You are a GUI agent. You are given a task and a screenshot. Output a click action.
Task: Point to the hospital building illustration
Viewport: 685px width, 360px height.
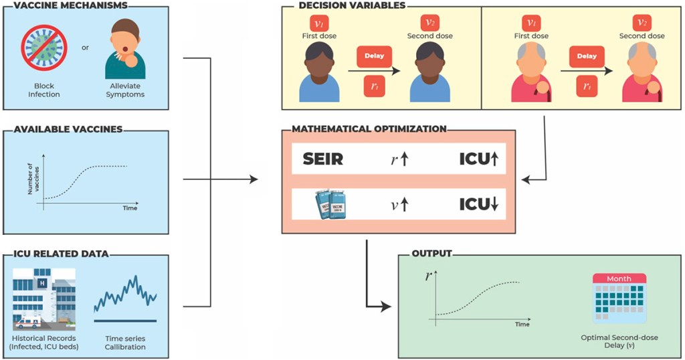click(43, 299)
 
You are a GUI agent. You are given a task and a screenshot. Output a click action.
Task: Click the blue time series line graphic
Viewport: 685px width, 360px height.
click(125, 294)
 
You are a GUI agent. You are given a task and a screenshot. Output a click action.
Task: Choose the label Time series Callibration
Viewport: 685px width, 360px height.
click(126, 343)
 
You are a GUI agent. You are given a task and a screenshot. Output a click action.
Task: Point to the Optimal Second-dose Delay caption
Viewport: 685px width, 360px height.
click(619, 342)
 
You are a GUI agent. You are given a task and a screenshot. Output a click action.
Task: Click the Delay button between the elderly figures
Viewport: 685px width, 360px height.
click(578, 56)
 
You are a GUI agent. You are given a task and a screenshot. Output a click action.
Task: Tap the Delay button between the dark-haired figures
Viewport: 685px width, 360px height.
click(375, 56)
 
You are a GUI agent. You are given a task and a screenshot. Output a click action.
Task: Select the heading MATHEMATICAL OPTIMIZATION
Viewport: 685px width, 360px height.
click(369, 128)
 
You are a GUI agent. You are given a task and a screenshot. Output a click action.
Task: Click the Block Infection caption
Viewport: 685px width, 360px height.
click(44, 90)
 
